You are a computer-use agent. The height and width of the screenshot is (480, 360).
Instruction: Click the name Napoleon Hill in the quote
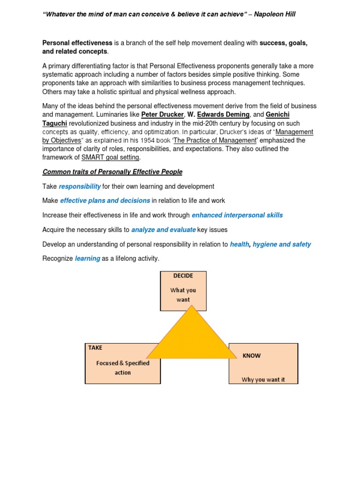[x=274, y=15]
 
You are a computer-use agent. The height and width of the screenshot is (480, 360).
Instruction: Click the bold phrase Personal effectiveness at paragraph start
[x=77, y=43]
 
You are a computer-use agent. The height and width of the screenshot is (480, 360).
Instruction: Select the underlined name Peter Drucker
[x=162, y=115]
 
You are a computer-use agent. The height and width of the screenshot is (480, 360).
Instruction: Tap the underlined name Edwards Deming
[x=224, y=115]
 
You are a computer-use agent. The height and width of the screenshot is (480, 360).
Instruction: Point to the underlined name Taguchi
[x=55, y=123]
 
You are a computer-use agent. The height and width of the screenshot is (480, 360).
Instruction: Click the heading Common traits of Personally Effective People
[x=112, y=172]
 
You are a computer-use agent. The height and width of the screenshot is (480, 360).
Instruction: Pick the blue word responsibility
[x=80, y=186]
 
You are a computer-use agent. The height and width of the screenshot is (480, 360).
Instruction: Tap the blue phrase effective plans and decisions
[x=105, y=201]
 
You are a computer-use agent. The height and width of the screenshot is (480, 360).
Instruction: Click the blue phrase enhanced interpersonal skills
[x=237, y=215]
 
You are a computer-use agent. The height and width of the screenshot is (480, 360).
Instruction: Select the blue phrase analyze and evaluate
[x=164, y=230]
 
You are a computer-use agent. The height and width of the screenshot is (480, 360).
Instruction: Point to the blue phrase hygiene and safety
[x=282, y=244]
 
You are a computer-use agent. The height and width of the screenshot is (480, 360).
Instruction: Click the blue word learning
[x=88, y=259]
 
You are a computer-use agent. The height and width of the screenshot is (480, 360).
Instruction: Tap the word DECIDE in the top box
[x=183, y=276]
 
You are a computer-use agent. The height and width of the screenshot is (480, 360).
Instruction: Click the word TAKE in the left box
[x=95, y=348]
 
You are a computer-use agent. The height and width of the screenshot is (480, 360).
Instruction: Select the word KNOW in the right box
[x=252, y=356]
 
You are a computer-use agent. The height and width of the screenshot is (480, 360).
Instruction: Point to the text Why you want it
[x=263, y=380]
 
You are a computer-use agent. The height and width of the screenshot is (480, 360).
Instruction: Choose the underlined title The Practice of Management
[x=215, y=140]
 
